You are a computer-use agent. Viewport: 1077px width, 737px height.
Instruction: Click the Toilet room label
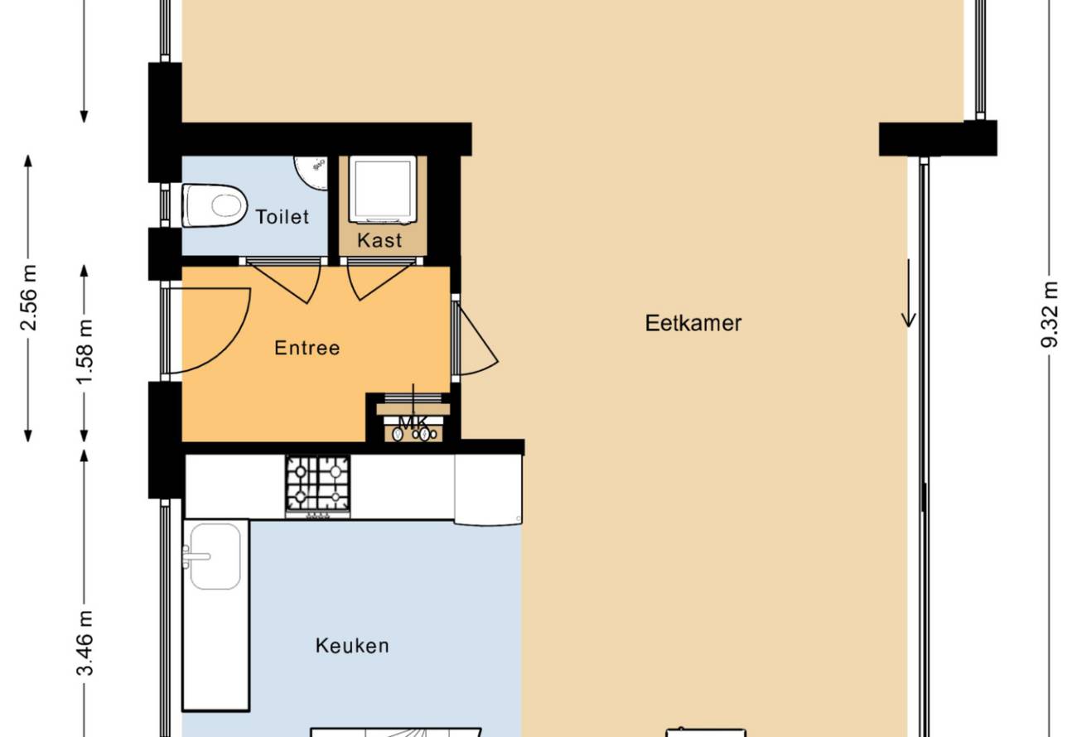pos(282,217)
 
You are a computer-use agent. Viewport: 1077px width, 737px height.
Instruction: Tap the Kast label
pos(379,240)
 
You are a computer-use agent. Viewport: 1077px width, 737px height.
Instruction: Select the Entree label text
pos(307,348)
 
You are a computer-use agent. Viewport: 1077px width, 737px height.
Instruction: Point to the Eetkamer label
pos(693,323)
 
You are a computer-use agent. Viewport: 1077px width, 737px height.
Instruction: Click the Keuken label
pos(352,646)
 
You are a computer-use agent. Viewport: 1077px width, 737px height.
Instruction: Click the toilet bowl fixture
pos(215,205)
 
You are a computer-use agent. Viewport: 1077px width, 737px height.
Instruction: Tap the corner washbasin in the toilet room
pos(311,173)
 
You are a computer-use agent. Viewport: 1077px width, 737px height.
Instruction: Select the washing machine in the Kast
pos(383,190)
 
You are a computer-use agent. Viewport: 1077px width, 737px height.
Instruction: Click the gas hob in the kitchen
pos(318,485)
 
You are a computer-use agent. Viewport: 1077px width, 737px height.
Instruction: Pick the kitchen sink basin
pos(215,556)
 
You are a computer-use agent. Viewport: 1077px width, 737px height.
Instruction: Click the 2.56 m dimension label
pos(29,298)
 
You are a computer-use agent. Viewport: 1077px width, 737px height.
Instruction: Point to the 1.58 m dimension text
pos(85,352)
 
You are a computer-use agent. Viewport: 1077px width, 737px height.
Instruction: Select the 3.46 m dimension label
pos(85,643)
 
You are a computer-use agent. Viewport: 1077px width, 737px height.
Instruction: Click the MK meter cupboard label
pos(413,423)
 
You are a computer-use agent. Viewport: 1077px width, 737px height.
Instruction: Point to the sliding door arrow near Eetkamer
pos(909,293)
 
